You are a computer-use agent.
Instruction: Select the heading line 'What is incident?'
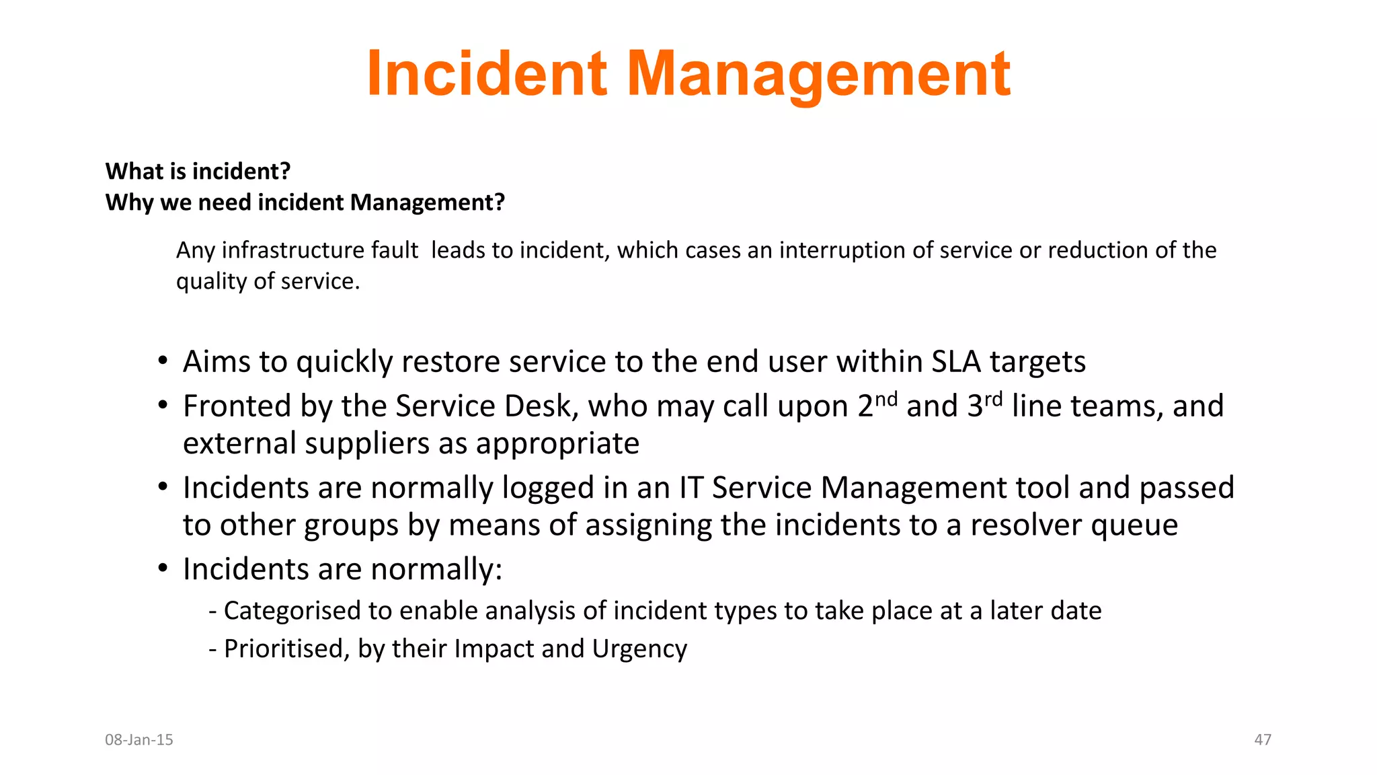[x=198, y=172]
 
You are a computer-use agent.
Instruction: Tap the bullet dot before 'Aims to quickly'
[x=163, y=361]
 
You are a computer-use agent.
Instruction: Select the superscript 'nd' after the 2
[x=886, y=399]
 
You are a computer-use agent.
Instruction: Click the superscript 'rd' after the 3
[x=993, y=399]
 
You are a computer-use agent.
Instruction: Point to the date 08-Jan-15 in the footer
[x=139, y=740]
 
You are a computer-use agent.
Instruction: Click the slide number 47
[x=1263, y=740]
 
